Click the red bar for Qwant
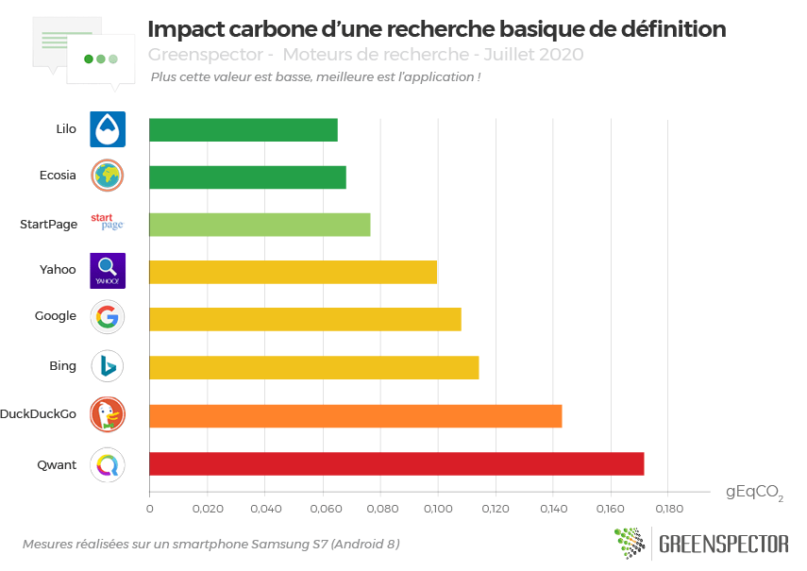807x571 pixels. [x=396, y=464]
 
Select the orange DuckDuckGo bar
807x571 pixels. [x=356, y=415]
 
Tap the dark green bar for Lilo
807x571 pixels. [x=244, y=129]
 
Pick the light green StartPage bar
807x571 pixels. [x=260, y=225]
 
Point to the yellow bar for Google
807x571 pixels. [x=305, y=319]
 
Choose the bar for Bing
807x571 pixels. [x=314, y=367]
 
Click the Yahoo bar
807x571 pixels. [x=293, y=272]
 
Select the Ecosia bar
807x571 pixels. [x=247, y=176]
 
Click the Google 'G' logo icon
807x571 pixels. [x=108, y=317]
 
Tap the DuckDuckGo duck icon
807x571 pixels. [x=108, y=414]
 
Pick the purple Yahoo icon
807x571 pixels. [x=108, y=271]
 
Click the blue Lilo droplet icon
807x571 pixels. [x=108, y=129]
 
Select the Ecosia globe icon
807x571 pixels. [x=108, y=176]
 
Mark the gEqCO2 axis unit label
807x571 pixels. [x=753, y=493]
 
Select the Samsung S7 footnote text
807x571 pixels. [x=210, y=545]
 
